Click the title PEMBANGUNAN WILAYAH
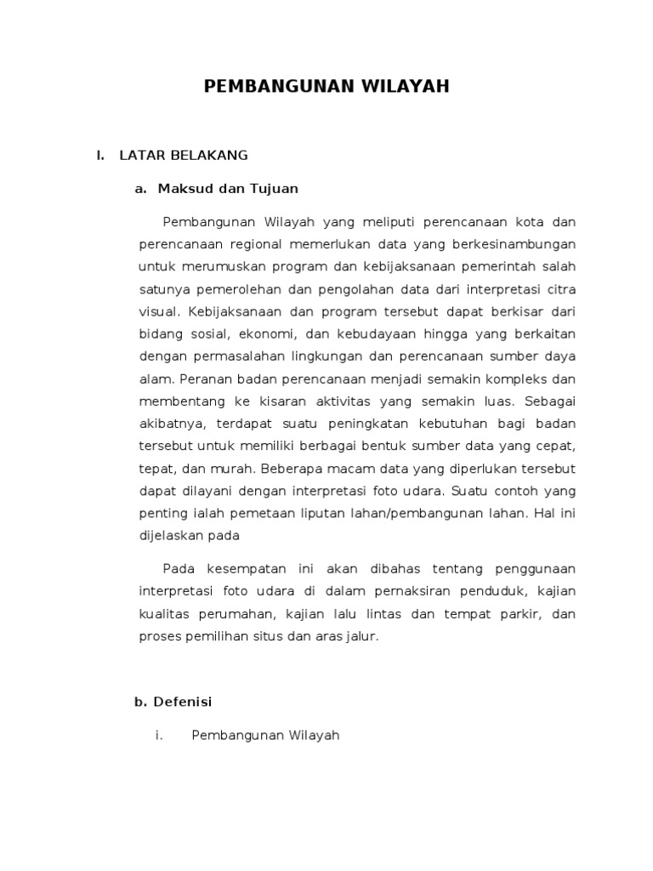click(326, 87)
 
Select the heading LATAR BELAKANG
click(184, 155)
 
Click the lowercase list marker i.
click(158, 736)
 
